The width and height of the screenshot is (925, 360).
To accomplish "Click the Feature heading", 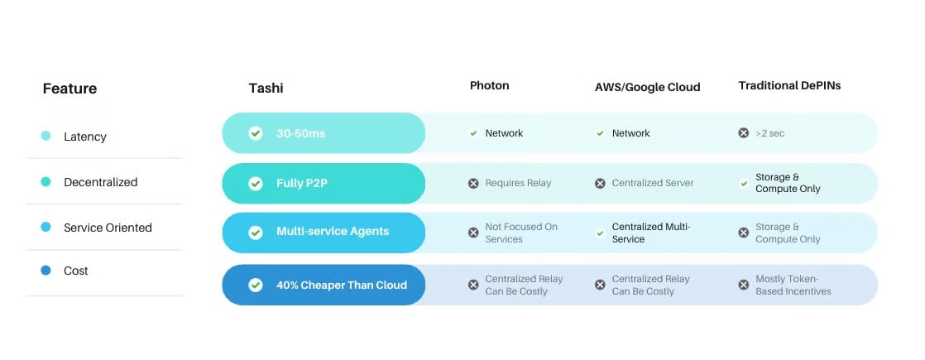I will tap(69, 89).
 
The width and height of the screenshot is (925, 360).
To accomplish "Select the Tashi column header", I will tap(266, 89).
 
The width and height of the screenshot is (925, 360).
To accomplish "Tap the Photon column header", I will tap(489, 85).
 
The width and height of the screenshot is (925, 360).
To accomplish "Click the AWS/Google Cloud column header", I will tap(647, 87).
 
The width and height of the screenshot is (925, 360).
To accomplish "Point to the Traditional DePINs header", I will tap(789, 85).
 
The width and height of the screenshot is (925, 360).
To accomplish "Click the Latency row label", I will tap(85, 137).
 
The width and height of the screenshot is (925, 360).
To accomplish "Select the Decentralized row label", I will tap(101, 182).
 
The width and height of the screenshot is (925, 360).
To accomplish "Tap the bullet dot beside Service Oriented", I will tap(46, 228).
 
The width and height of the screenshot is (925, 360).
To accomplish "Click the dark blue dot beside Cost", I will tap(46, 271).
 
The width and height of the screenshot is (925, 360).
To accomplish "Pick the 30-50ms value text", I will tap(300, 133).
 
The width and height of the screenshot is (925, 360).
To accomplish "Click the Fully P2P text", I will tap(301, 183).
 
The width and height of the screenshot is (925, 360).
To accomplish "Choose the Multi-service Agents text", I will tap(332, 232).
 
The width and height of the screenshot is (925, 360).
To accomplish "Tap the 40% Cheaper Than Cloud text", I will tap(341, 285).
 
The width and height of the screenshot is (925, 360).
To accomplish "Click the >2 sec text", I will tap(769, 133).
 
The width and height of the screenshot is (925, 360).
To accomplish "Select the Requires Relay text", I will tap(518, 183).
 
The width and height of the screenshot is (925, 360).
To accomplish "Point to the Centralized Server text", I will tap(653, 183).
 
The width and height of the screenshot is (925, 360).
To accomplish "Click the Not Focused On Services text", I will tap(521, 233).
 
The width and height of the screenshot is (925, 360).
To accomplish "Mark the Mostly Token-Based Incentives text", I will tap(793, 285).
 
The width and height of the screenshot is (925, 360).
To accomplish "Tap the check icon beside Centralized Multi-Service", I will tap(600, 233).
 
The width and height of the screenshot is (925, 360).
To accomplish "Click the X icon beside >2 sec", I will tap(744, 132).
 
